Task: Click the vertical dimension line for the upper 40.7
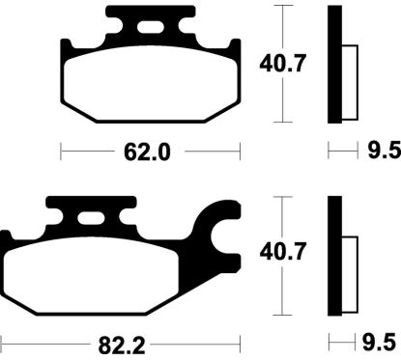tap(280, 29)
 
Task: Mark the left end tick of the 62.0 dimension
tap(61, 152)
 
